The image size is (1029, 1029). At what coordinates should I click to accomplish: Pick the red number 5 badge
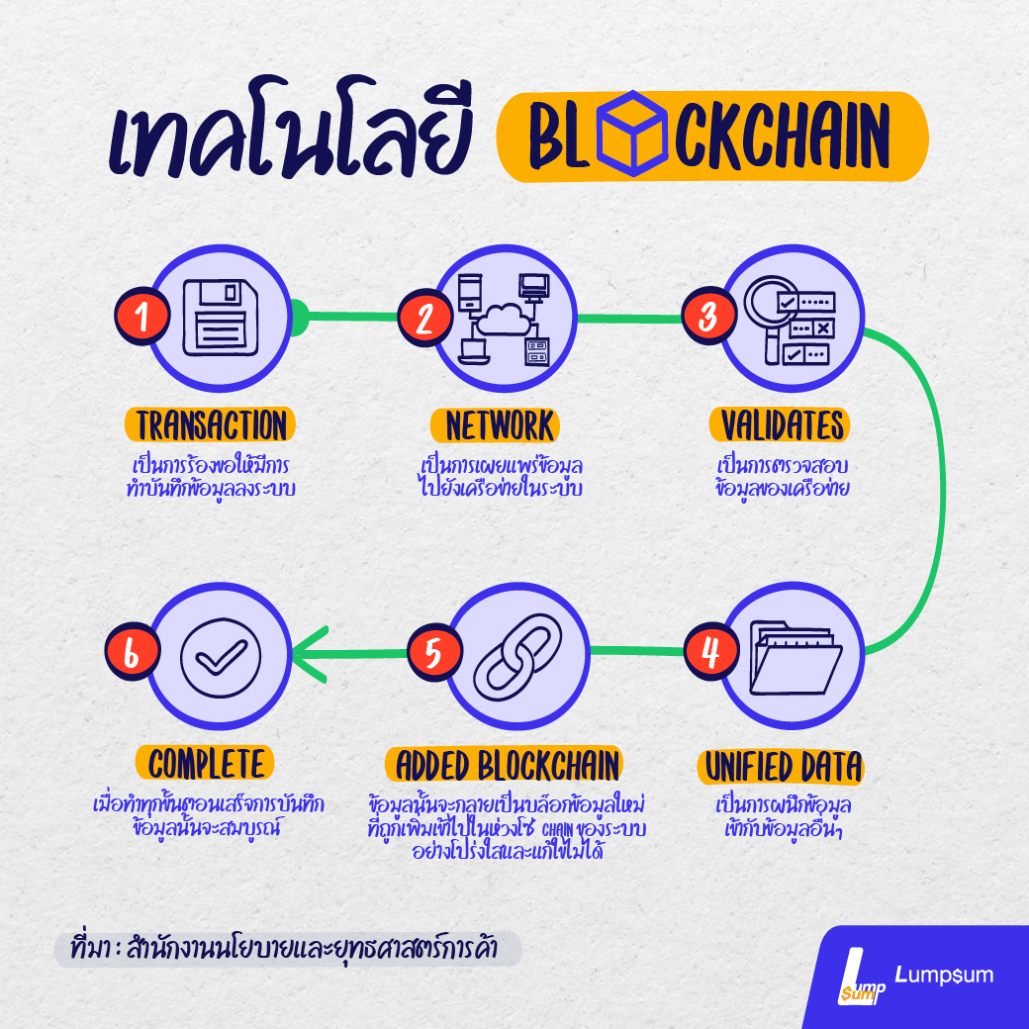coord(432,653)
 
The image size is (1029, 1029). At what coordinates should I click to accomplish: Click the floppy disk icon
coord(223,317)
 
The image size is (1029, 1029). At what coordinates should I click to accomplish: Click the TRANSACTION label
coord(211,425)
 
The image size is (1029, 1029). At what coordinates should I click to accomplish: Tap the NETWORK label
coord(501,425)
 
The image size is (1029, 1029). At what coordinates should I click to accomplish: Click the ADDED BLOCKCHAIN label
coord(508,765)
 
